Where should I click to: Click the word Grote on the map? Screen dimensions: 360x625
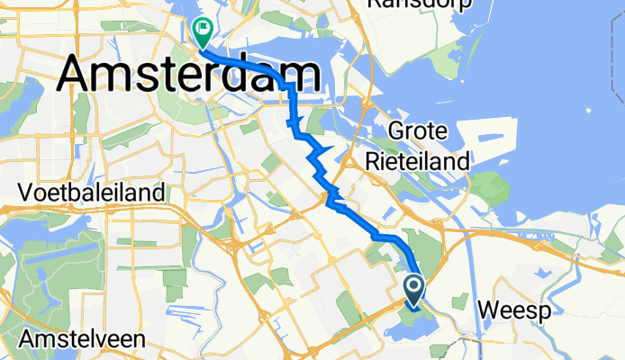(x=417, y=132)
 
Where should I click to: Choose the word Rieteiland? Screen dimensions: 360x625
(x=417, y=162)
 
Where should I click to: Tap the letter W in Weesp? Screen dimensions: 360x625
(x=486, y=310)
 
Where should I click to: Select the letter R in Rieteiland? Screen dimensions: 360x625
(x=374, y=162)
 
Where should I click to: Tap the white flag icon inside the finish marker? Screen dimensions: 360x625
(x=202, y=30)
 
